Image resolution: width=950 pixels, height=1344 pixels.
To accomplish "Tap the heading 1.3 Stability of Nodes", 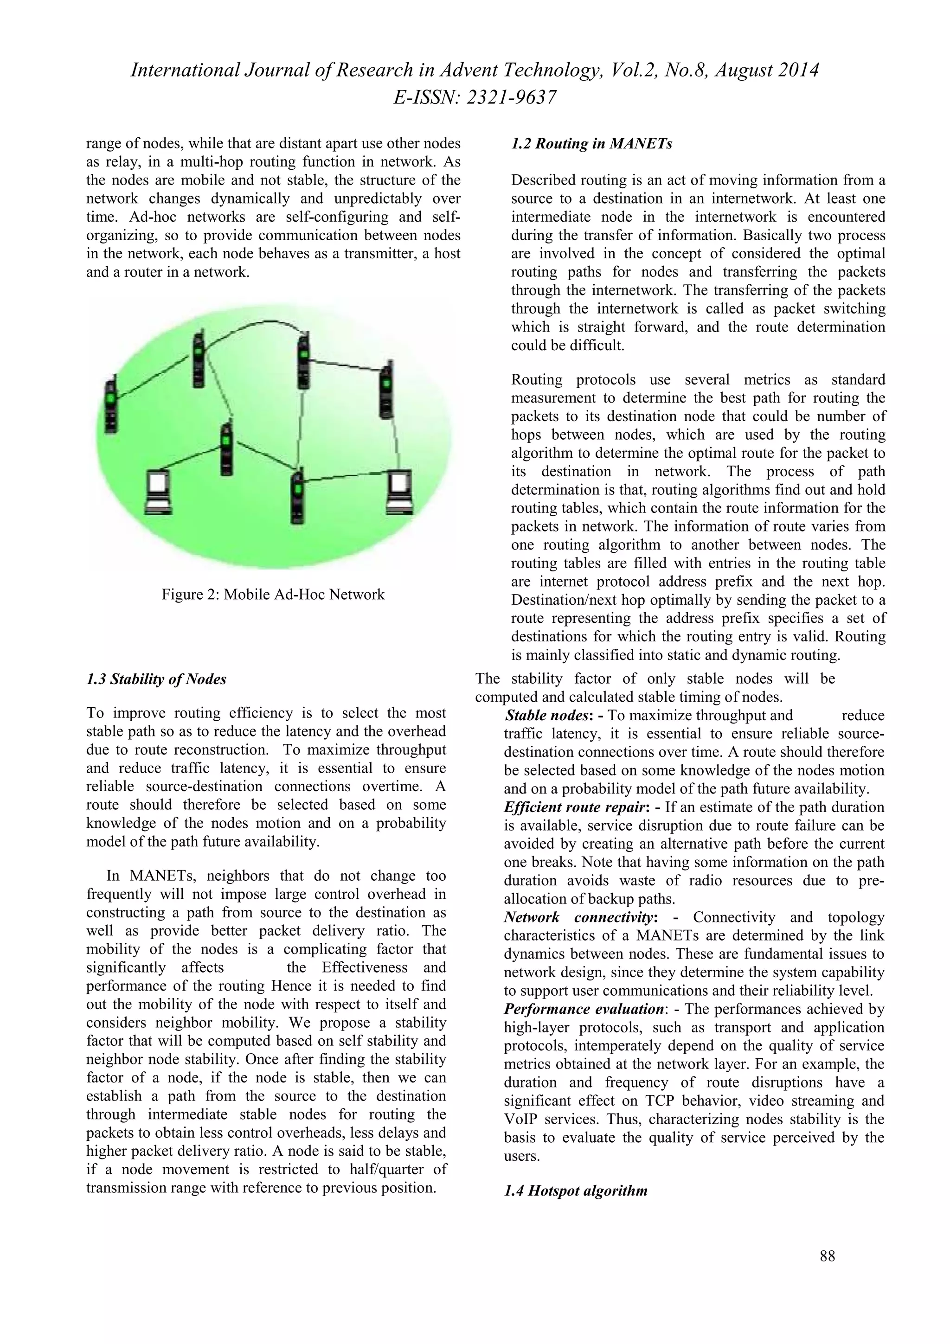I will pos(156,679).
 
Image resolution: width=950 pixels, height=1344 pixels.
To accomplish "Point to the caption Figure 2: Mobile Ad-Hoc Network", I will pos(273,595).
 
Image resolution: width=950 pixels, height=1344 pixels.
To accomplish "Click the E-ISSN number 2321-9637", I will pos(510,97).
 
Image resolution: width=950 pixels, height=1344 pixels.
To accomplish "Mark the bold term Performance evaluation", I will pos(583,1009).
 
